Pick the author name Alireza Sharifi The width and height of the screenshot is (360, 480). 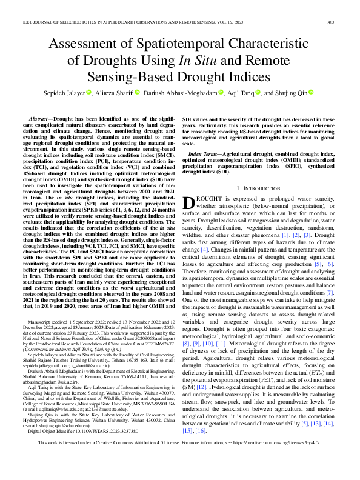119,93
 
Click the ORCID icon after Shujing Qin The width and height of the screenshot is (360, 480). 312,92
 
